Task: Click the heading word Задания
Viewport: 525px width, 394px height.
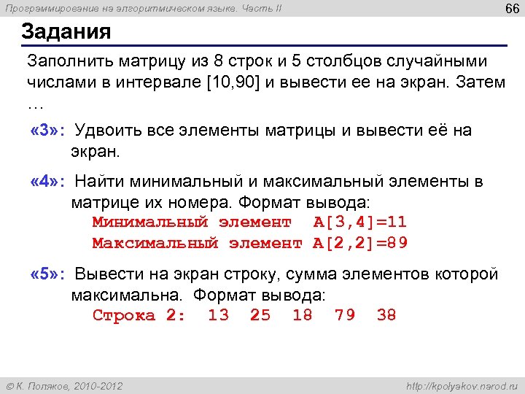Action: click(x=66, y=32)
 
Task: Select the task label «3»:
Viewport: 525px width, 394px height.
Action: click(x=47, y=131)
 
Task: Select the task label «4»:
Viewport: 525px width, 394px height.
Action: click(x=47, y=181)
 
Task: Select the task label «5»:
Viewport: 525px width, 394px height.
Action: click(x=47, y=274)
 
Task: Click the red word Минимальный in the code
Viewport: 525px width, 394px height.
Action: click(x=150, y=222)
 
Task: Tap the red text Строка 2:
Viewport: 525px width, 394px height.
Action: click(x=139, y=315)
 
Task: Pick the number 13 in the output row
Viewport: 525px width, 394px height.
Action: click(x=218, y=315)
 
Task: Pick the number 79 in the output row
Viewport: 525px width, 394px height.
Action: click(x=345, y=315)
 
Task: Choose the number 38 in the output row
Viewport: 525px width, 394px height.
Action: click(x=386, y=315)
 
